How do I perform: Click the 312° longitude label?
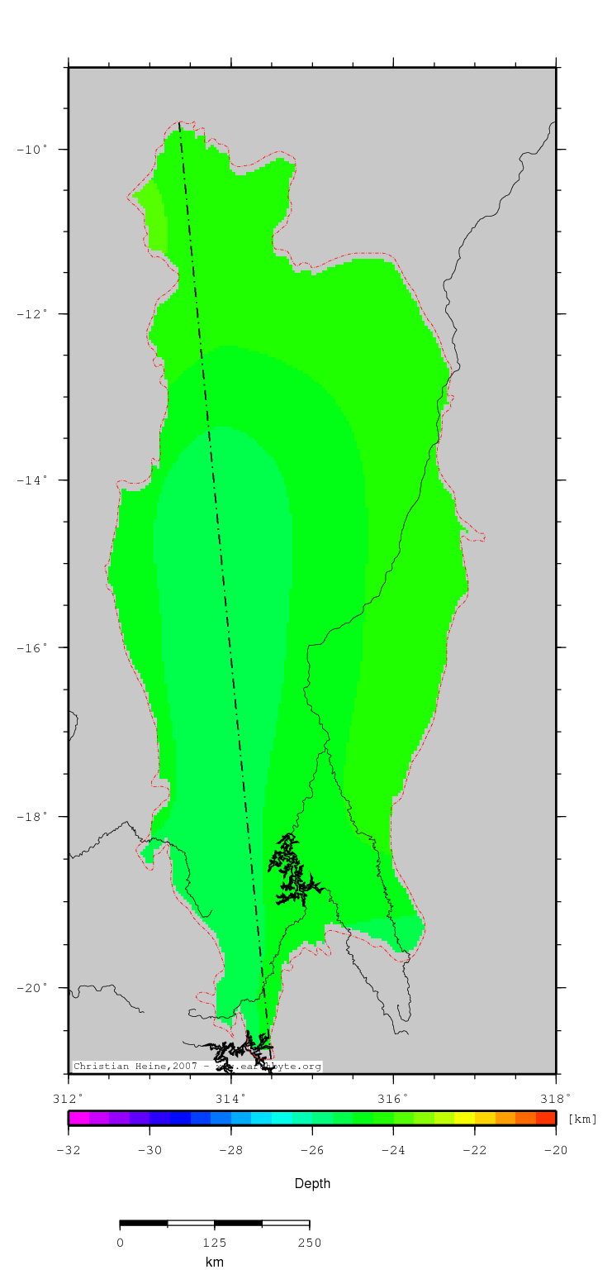(69, 1099)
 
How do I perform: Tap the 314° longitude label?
(230, 1099)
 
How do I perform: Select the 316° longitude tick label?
(393, 1099)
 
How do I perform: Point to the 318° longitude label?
(556, 1099)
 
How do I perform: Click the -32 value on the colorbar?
(69, 1150)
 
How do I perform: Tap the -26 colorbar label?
(312, 1150)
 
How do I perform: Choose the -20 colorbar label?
(556, 1150)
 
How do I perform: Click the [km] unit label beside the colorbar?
(582, 1119)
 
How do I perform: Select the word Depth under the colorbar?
(312, 1184)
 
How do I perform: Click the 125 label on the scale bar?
(215, 1243)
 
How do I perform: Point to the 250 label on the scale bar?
(309, 1243)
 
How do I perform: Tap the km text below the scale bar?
(215, 1263)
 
